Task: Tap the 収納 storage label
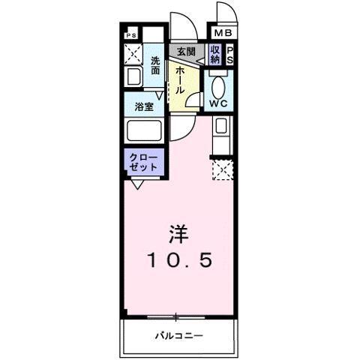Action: point(215,53)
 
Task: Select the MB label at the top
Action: point(223,34)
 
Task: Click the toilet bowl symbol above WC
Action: point(218,85)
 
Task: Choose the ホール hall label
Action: point(181,76)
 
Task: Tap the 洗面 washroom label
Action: point(155,65)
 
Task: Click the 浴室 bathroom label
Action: point(144,106)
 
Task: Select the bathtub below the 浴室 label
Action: point(145,130)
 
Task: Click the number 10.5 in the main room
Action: point(179,260)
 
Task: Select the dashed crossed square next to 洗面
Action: point(133,54)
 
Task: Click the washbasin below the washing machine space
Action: point(133,76)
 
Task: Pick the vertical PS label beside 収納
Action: point(230,53)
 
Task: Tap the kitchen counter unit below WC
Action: point(223,135)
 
